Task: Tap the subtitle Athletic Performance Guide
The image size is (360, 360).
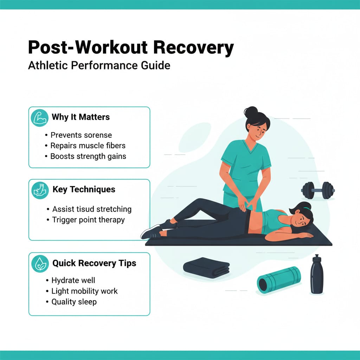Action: tap(99, 66)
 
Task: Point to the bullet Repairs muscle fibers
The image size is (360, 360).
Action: tap(88, 146)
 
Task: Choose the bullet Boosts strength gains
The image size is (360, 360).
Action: tap(88, 156)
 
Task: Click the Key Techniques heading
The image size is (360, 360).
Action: tap(84, 189)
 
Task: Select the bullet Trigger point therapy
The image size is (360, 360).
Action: tap(88, 220)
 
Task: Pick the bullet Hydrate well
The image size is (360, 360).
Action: tap(73, 281)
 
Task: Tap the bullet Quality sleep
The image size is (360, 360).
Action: tap(74, 302)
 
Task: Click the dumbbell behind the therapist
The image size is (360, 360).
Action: tap(317, 190)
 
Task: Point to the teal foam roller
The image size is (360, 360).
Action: tap(279, 279)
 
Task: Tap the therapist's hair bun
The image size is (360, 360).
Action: tap(251, 112)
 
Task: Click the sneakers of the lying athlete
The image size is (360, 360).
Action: tap(155, 230)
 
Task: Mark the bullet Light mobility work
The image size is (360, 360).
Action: tap(84, 291)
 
